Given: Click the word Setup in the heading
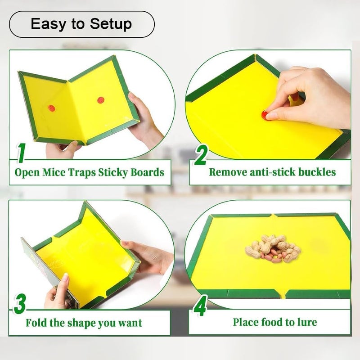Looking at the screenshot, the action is click(111, 24).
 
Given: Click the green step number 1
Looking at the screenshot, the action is click(21, 153).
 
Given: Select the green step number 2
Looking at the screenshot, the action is click(201, 155).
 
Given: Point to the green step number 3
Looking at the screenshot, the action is click(20, 304).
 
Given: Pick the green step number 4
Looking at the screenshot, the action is click(200, 306).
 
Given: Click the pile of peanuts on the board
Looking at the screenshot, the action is click(273, 248).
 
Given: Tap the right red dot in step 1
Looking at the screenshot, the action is click(101, 100).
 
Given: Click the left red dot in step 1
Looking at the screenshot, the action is click(52, 108).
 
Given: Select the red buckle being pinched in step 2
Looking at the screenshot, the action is click(264, 115).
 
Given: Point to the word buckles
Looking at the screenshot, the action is click(317, 172).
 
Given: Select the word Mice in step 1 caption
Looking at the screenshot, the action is click(54, 172).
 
